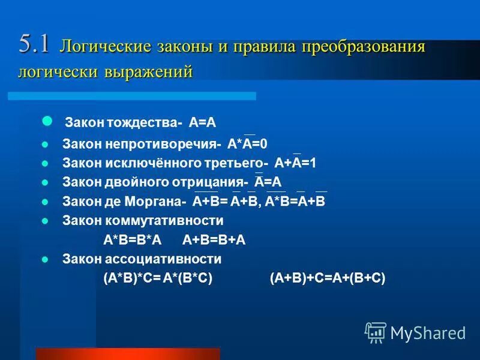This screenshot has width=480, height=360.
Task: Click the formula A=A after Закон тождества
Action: [202, 123]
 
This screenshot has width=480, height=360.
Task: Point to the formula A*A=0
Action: [247, 144]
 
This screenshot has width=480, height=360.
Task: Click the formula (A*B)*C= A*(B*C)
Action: [158, 278]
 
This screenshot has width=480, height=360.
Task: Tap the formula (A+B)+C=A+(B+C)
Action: [328, 278]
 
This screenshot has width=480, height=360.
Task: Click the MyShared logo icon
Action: [376, 332]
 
